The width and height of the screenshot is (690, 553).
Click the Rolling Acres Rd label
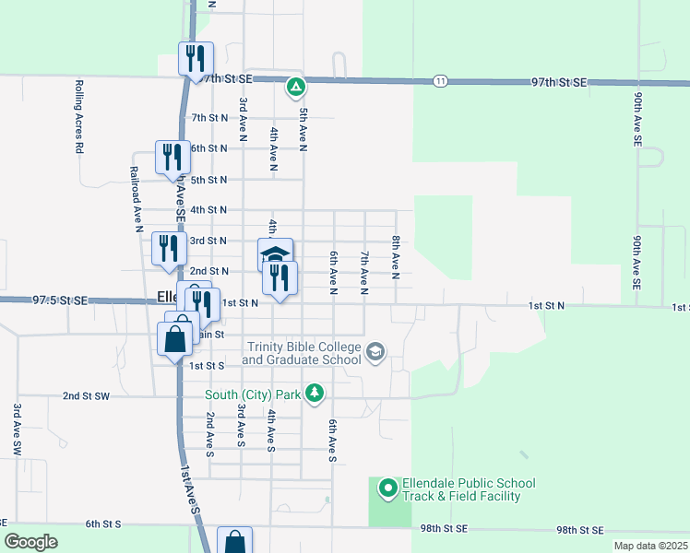[79, 116]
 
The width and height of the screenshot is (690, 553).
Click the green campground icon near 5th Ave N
[295, 88]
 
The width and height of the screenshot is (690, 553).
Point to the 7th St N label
[208, 118]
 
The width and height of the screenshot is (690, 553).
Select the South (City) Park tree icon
[315, 394]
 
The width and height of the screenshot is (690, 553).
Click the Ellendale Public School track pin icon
[387, 488]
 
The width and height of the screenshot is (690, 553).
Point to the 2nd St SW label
[86, 396]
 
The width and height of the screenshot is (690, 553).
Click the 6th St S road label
[103, 524]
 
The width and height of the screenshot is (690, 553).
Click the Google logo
[30, 542]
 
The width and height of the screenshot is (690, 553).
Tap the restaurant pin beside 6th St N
[172, 159]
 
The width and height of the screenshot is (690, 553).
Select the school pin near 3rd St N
[275, 253]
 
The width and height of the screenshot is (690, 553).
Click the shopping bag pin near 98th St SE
[234, 540]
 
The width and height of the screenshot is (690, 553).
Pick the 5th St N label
[208, 180]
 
